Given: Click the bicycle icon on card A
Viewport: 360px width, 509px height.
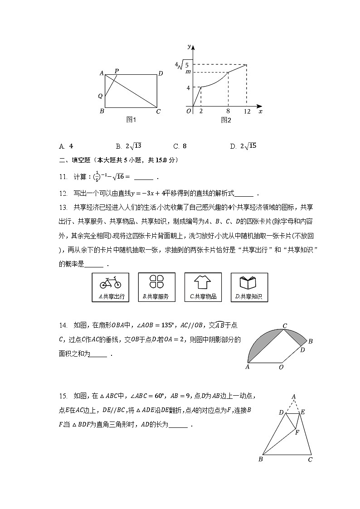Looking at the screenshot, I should tap(110, 283).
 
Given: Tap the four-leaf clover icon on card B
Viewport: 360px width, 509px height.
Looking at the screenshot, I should tap(156, 282).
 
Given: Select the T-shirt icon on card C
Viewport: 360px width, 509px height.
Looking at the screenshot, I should tap(203, 282).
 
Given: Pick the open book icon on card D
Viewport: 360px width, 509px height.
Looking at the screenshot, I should tap(249, 283).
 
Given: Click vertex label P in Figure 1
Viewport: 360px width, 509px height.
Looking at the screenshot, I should tap(117, 71).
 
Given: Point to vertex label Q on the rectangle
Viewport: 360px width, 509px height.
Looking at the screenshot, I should tap(100, 96).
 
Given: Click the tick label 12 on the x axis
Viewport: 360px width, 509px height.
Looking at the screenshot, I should tap(247, 111).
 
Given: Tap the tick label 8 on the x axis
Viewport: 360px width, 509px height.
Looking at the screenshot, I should tap(228, 111).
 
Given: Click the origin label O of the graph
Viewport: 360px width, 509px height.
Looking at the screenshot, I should tap(188, 111).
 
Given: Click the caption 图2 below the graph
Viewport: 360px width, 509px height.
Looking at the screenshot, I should tap(226, 121).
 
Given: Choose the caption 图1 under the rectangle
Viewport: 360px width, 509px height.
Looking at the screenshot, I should tap(131, 120).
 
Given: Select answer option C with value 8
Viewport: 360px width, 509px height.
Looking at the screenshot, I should tap(180, 146).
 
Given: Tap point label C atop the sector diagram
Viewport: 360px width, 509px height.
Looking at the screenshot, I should tap(285, 326).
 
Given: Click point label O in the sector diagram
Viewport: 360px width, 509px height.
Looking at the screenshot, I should tap(281, 367).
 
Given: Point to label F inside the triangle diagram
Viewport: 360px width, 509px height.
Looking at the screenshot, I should tap(297, 432).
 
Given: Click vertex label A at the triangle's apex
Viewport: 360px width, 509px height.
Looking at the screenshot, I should tap(294, 397).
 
